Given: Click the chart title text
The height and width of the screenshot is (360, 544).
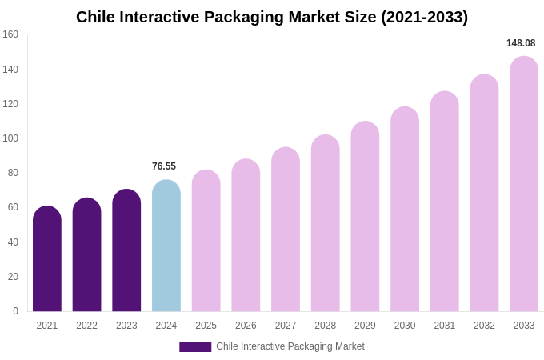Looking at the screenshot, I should [x=272, y=17].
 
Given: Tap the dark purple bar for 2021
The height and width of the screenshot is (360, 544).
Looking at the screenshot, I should [x=47, y=259].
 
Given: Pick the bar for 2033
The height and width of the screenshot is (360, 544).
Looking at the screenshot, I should [x=524, y=184].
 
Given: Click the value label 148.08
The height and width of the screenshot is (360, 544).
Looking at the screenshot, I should [x=521, y=43].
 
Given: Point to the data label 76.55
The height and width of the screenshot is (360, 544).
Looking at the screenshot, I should [x=164, y=166].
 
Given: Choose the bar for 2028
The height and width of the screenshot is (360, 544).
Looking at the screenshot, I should [x=326, y=223].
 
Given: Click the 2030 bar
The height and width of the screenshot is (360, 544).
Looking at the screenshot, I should [x=405, y=210].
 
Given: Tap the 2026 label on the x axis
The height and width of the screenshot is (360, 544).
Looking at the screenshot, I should [x=246, y=326].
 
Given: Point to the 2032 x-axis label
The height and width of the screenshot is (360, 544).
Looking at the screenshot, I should [x=484, y=326].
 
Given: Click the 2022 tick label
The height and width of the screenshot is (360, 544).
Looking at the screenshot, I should [x=87, y=326].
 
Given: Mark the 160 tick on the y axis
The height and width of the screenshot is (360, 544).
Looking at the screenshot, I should [x=10, y=34].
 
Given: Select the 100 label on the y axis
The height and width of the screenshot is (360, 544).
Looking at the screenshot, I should [x=10, y=138].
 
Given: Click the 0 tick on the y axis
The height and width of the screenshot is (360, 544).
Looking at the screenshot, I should [x=15, y=311].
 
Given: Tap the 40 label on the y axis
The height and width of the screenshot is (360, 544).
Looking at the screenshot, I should [x=13, y=242].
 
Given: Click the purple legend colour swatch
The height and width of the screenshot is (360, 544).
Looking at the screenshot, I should [x=195, y=347].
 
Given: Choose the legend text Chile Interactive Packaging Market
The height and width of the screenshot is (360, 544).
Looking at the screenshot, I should [x=290, y=346].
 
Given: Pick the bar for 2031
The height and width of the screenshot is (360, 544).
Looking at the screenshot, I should [x=445, y=202].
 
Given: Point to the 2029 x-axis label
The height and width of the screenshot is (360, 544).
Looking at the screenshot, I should [x=365, y=326].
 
